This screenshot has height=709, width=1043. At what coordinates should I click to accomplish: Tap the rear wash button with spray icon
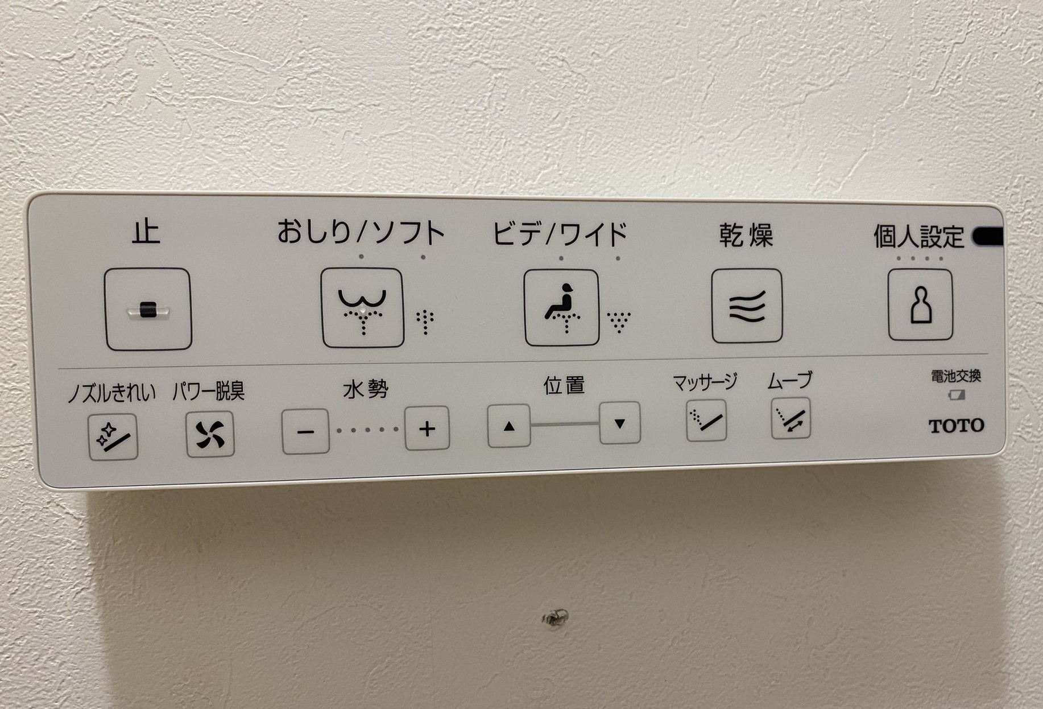(x=362, y=308)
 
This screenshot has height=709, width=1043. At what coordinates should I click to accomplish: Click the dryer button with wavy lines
(x=747, y=306)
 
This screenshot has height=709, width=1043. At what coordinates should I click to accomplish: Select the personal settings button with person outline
(x=920, y=304)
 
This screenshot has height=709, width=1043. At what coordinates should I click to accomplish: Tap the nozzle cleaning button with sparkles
(x=113, y=436)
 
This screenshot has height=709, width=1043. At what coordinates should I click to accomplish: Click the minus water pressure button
(x=305, y=431)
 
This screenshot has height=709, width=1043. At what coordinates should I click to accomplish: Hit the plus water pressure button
(x=427, y=428)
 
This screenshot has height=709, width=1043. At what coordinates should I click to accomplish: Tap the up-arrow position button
(x=509, y=426)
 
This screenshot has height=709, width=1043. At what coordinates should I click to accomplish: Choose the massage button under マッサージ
(x=706, y=420)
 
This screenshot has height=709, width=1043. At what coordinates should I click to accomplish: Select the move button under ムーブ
(x=790, y=418)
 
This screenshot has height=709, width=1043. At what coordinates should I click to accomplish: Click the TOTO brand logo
(x=956, y=426)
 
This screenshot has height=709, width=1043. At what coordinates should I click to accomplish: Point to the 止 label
(x=146, y=232)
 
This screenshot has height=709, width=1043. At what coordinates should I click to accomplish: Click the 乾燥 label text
(x=746, y=235)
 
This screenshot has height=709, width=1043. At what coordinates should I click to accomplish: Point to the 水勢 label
(x=366, y=389)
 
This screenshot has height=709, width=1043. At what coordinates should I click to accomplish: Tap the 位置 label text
(x=564, y=385)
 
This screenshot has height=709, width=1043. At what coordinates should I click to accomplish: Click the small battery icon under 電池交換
(x=957, y=394)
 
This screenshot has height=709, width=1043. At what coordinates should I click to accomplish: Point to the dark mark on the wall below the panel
(x=555, y=618)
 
